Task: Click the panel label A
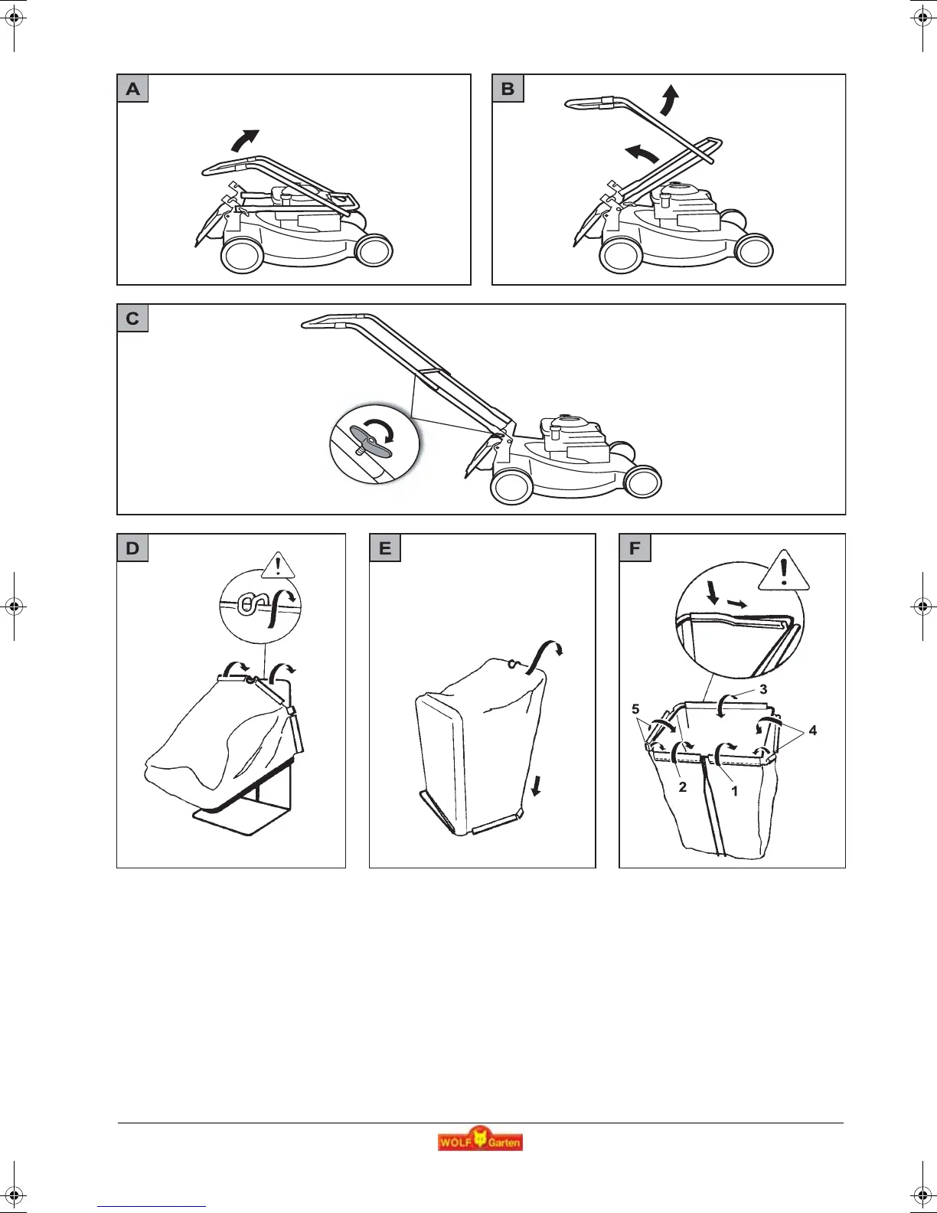pyautogui.click(x=133, y=89)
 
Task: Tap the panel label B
pyautogui.click(x=508, y=89)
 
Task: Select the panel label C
pyautogui.click(x=132, y=319)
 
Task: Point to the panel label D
pyautogui.click(x=132, y=548)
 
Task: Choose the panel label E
pyautogui.click(x=385, y=548)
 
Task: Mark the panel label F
pyautogui.click(x=635, y=548)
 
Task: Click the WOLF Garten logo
pyautogui.click(x=480, y=1141)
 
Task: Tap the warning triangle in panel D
pyautogui.click(x=278, y=567)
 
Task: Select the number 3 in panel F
pyautogui.click(x=763, y=689)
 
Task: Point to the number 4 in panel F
pyautogui.click(x=813, y=731)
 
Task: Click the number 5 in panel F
pyautogui.click(x=635, y=709)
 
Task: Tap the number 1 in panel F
pyautogui.click(x=735, y=791)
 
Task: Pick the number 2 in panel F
pyautogui.click(x=683, y=787)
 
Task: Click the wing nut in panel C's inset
pyautogui.click(x=371, y=443)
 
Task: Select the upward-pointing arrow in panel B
pyautogui.click(x=670, y=100)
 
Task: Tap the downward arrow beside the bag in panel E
pyautogui.click(x=536, y=785)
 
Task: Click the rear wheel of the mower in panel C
pyautogui.click(x=511, y=484)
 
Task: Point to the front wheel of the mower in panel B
pyautogui.click(x=754, y=250)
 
